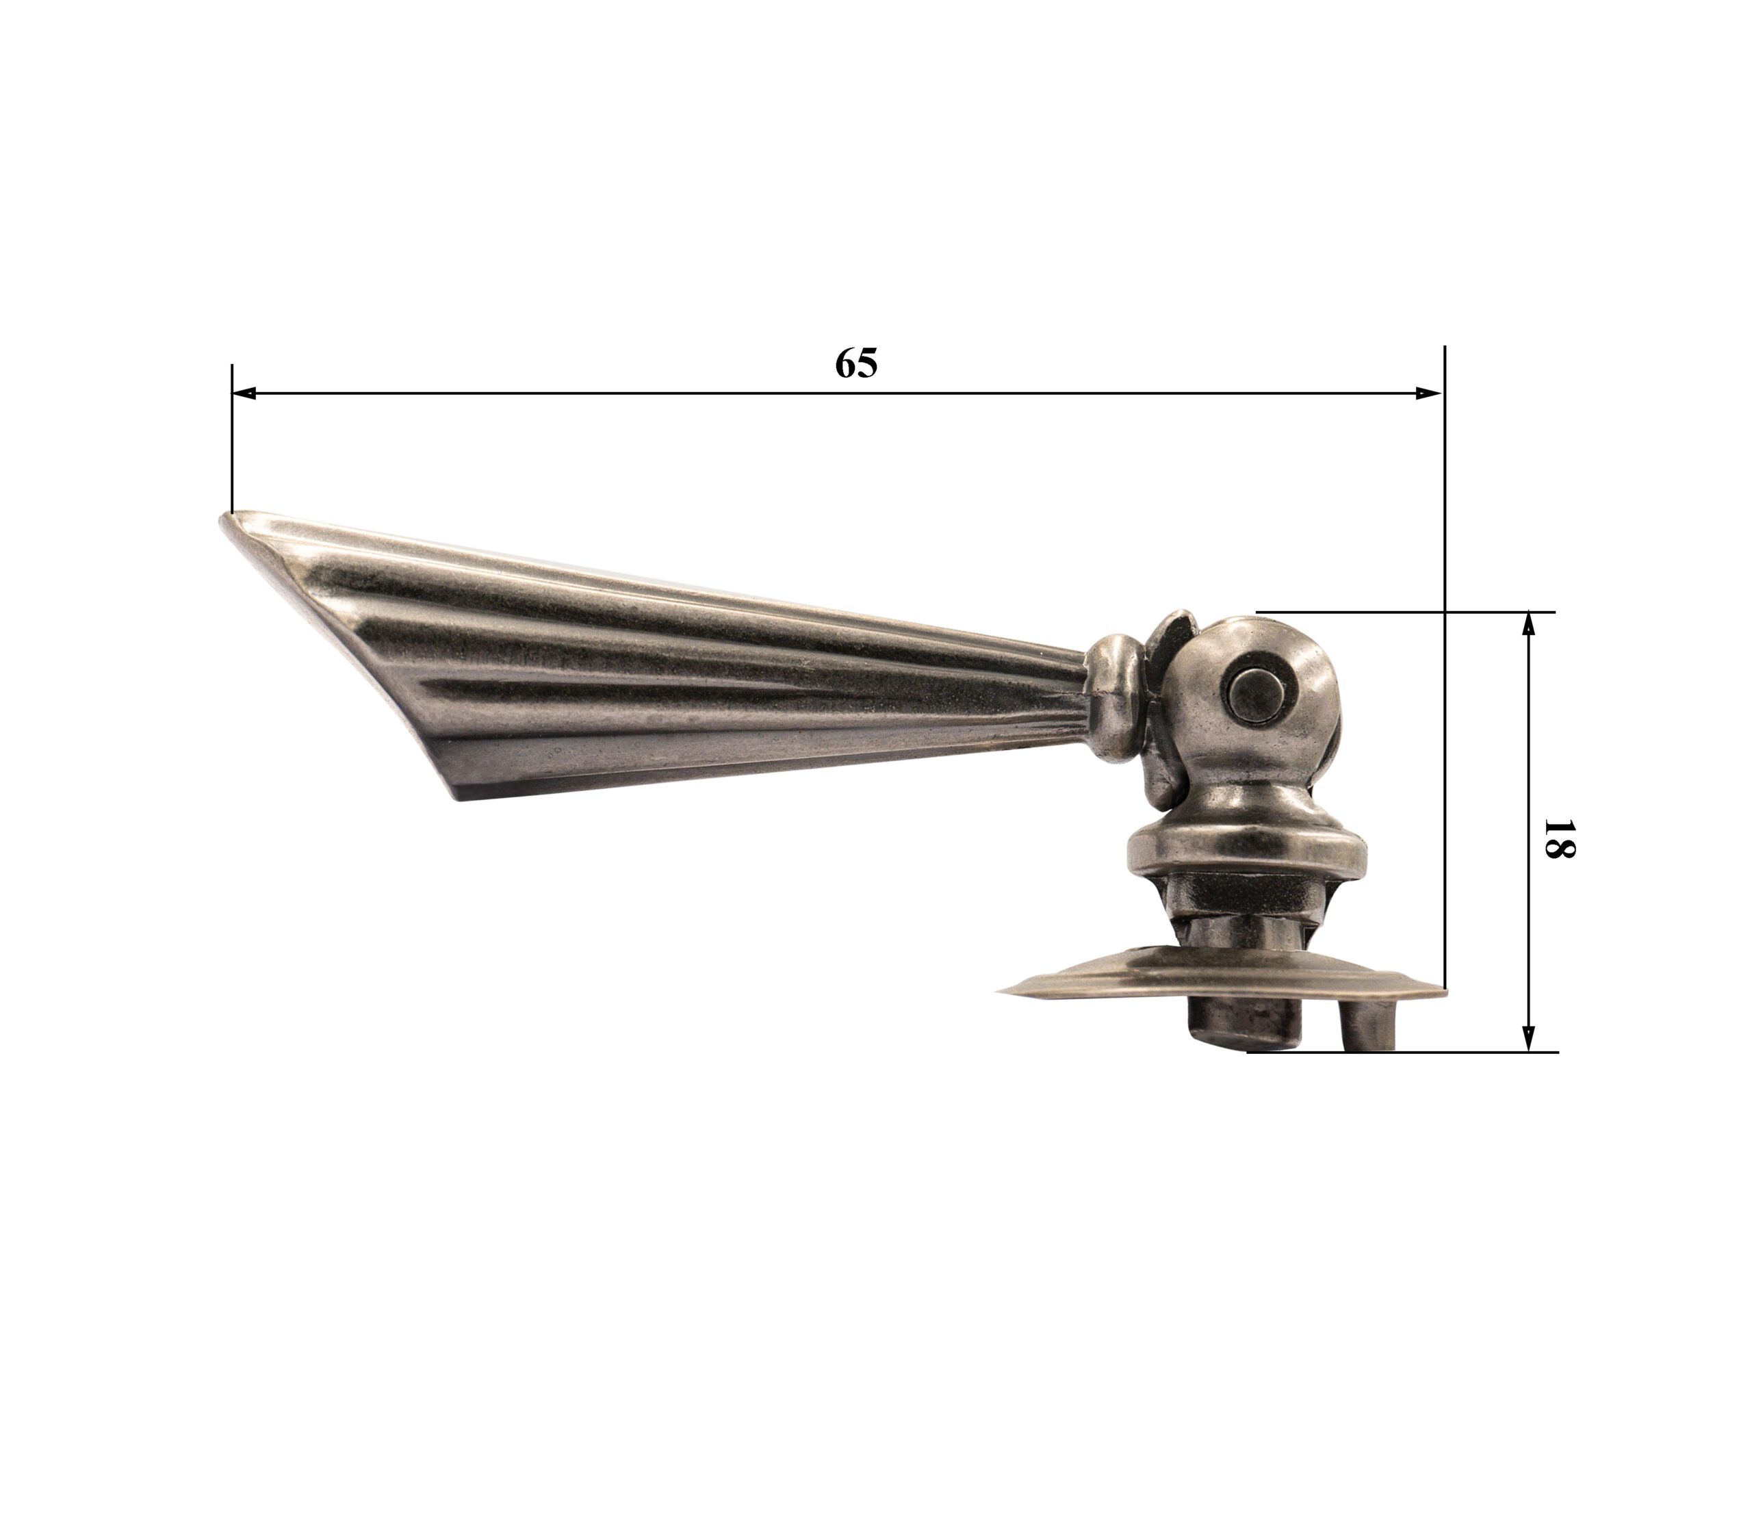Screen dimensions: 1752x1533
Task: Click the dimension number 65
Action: click(x=856, y=363)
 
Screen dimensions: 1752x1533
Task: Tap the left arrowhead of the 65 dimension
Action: click(x=244, y=394)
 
